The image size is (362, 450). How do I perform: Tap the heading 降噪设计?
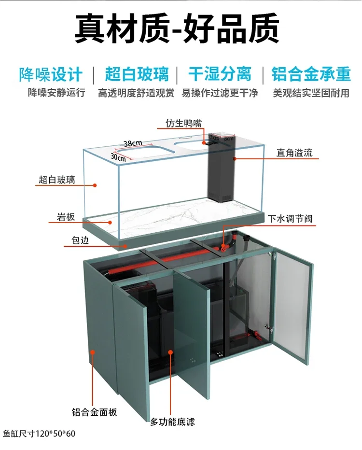tap(51, 74)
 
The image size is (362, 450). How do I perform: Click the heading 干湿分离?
tap(220, 74)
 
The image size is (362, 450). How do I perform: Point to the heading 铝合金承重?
tap(311, 74)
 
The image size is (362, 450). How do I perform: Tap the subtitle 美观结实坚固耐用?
tap(311, 92)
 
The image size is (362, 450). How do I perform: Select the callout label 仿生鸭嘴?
tap(183, 123)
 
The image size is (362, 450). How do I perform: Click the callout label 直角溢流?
tap(294, 153)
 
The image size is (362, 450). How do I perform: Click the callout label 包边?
tap(77, 240)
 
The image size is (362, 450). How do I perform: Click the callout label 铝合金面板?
tap(95, 412)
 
